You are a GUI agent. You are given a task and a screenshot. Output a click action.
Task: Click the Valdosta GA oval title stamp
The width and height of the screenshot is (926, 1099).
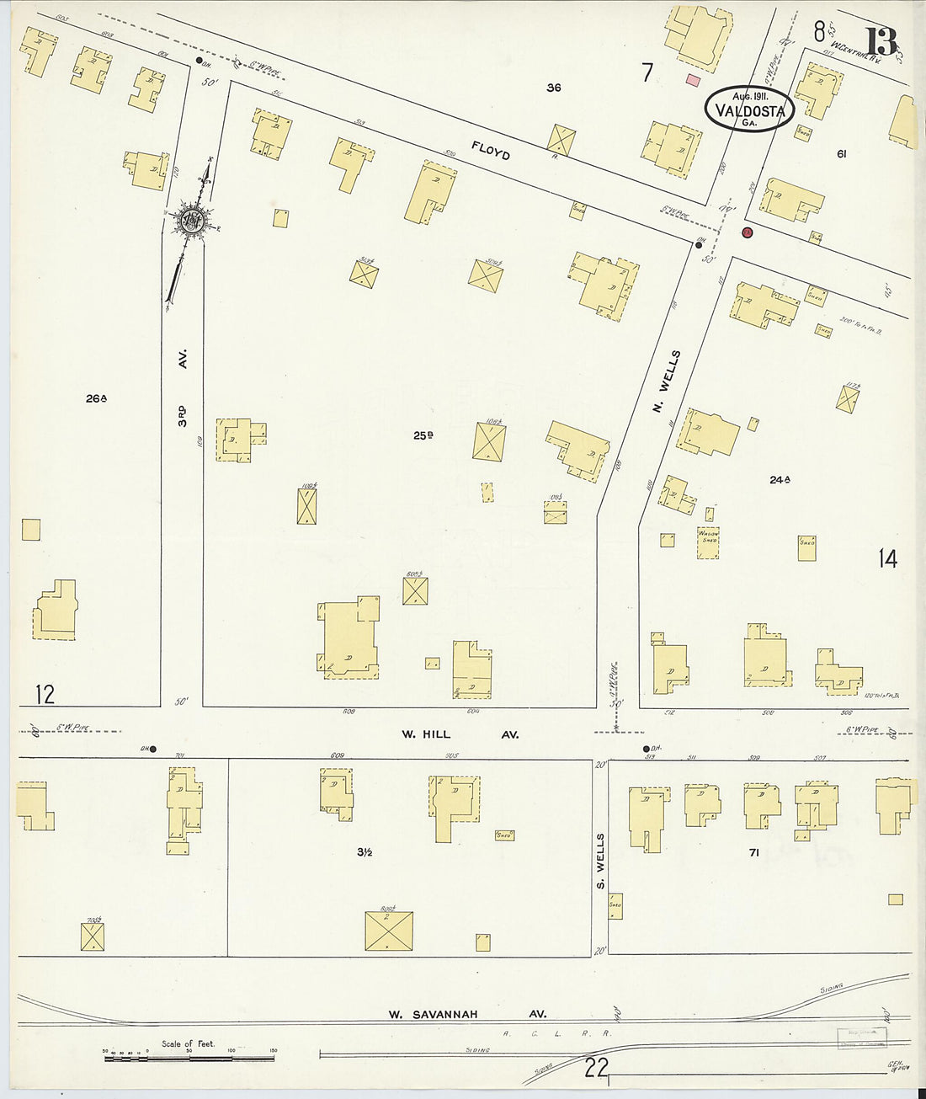pos(749,109)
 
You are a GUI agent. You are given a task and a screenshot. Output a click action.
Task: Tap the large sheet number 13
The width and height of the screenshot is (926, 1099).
pos(881,41)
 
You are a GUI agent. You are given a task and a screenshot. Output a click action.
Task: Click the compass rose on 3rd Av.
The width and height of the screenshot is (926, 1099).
pos(189,222)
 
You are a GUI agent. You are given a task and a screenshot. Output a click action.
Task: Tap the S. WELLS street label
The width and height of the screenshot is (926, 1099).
pos(600,862)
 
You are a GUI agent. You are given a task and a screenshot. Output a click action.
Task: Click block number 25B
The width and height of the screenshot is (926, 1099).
pos(423,435)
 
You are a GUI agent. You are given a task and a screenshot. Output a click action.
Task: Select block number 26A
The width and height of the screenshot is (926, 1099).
pos(96,398)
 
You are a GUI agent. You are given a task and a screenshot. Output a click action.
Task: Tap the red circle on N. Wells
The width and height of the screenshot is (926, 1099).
pos(747,232)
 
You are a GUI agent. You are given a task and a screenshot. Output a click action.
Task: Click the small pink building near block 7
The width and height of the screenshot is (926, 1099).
pos(694,80)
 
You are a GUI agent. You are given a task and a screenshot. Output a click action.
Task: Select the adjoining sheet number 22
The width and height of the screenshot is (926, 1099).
pos(596,1068)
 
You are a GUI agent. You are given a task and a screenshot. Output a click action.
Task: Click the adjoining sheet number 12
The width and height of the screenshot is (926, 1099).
pos(45,694)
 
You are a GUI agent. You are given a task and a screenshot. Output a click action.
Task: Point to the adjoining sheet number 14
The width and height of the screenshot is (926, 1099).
pos(887,558)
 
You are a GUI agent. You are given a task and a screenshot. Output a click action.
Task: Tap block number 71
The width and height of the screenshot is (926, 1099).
pos(754,852)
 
